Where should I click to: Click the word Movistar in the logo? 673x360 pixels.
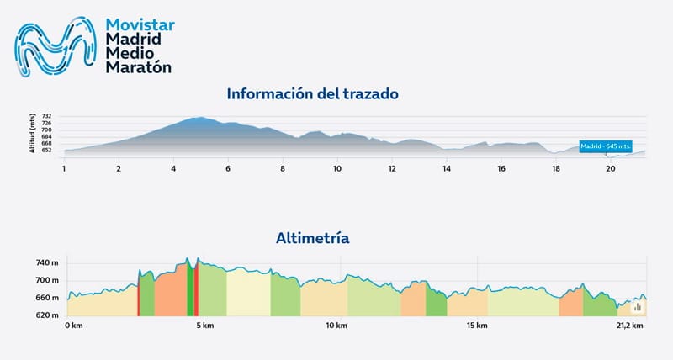(140, 24)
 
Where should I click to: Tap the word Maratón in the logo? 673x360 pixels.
(139, 66)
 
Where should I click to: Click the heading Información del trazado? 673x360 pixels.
(312, 93)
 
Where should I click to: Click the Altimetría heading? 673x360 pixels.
(312, 238)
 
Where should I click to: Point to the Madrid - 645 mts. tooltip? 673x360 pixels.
(605, 146)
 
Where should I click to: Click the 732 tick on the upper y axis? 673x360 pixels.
(47, 117)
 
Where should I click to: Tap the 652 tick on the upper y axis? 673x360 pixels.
(47, 151)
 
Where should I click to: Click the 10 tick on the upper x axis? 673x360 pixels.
(336, 168)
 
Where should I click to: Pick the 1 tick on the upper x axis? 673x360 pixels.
(64, 168)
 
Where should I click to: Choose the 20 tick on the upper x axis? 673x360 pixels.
(611, 168)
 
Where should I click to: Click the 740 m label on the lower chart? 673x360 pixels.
(48, 263)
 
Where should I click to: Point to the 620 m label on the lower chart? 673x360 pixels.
(48, 315)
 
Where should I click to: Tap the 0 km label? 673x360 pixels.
(73, 326)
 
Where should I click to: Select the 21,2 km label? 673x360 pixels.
(629, 326)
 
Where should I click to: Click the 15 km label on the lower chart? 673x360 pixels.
(476, 326)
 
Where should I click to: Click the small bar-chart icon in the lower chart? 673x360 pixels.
(637, 308)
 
